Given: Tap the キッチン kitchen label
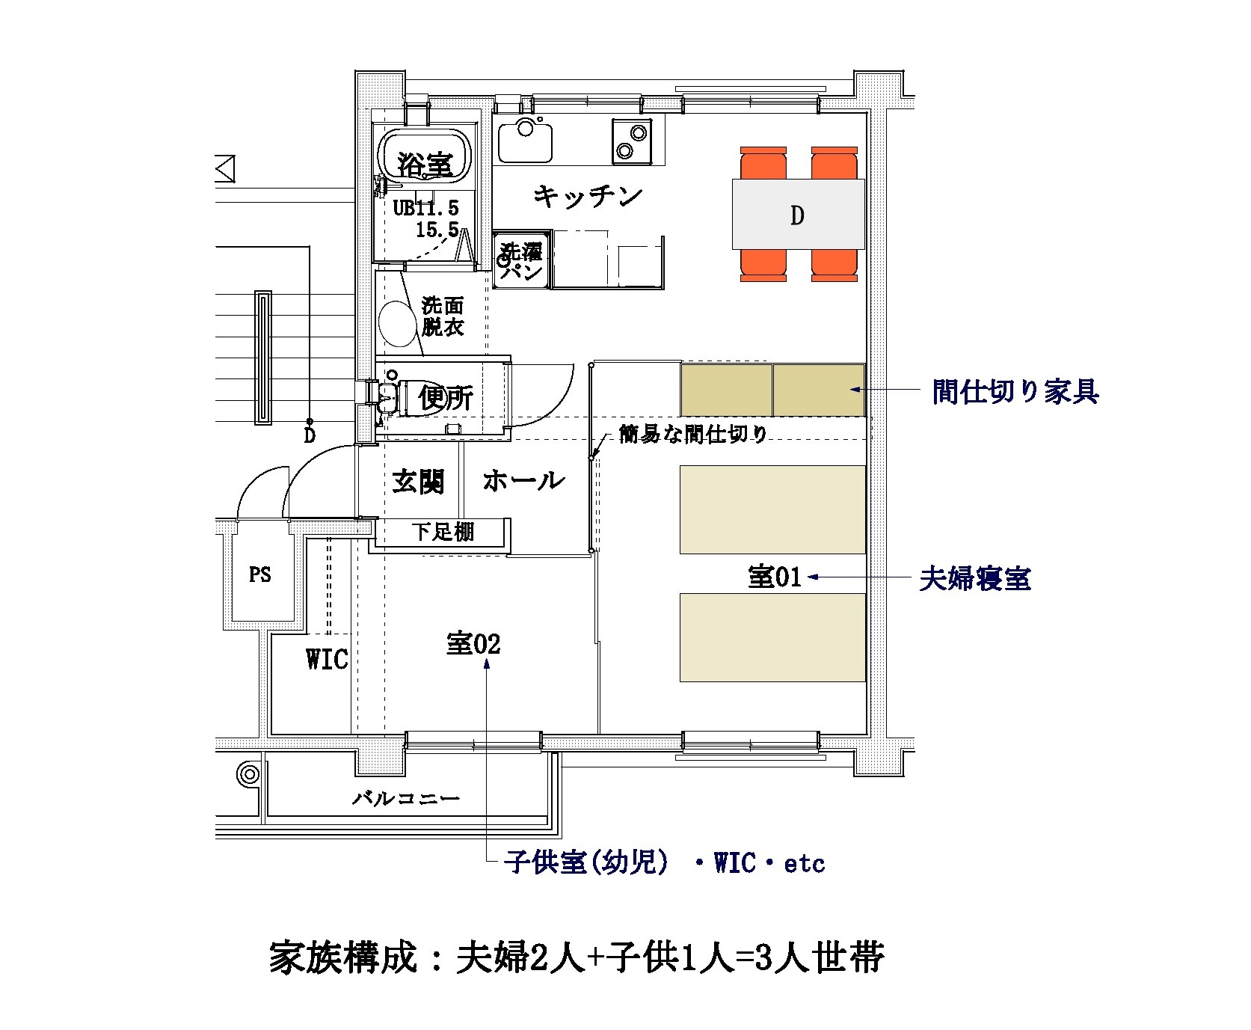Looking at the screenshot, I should (588, 197).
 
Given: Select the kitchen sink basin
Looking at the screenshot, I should (526, 141).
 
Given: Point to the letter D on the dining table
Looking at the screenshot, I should (797, 215).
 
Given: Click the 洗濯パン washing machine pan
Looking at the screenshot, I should (522, 260).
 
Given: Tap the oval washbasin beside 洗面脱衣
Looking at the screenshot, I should (396, 323).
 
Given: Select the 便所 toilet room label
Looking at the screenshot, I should (446, 397).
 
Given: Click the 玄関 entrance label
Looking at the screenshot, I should (418, 481).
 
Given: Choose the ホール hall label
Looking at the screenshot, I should (523, 480).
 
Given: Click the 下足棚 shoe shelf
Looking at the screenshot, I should (443, 532).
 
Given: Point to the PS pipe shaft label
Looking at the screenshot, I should (259, 574).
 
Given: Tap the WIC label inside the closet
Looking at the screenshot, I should (327, 659).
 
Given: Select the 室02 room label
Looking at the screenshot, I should (473, 643).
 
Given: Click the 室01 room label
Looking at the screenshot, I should (775, 577).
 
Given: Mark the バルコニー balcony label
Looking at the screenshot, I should (406, 798).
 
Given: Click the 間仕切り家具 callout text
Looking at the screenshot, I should (1015, 391).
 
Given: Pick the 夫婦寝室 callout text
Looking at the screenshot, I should (974, 578).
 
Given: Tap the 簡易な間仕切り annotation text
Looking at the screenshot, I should (693, 434).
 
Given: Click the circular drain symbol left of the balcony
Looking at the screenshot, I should (248, 774).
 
